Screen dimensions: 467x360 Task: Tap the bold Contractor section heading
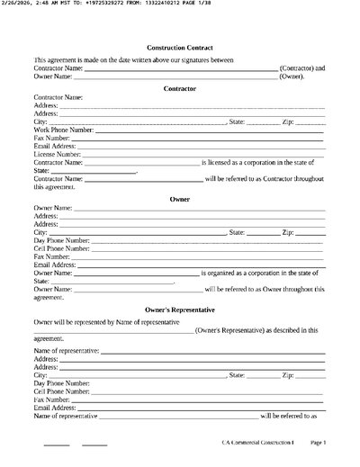[180, 87]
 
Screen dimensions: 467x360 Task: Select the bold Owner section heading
[180, 198]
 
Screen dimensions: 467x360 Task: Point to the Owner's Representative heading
[180, 309]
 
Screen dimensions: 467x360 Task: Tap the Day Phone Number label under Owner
[62, 240]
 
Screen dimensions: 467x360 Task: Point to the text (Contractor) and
[302, 68]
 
